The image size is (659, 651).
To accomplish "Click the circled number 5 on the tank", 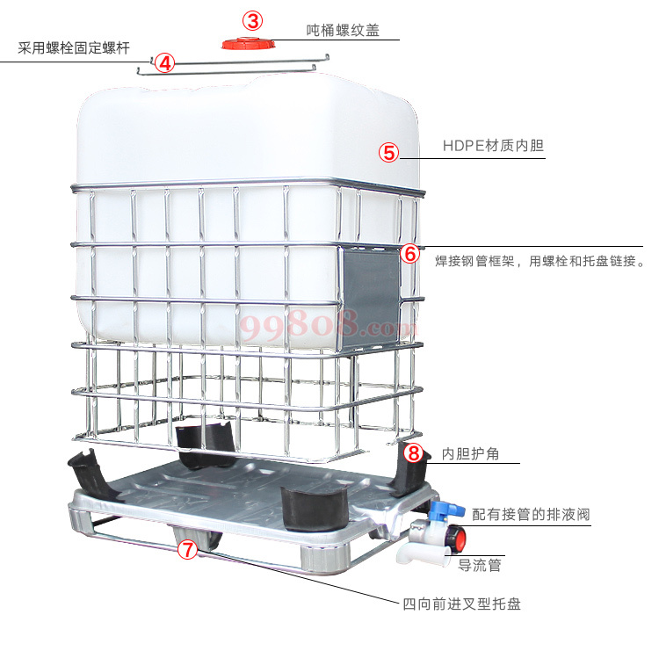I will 389,151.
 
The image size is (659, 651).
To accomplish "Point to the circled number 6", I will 410,253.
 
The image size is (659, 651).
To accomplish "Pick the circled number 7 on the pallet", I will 187,551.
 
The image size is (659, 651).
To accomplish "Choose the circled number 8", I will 415,453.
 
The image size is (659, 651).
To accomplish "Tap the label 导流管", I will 480,565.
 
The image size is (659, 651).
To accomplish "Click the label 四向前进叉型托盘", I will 461,604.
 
